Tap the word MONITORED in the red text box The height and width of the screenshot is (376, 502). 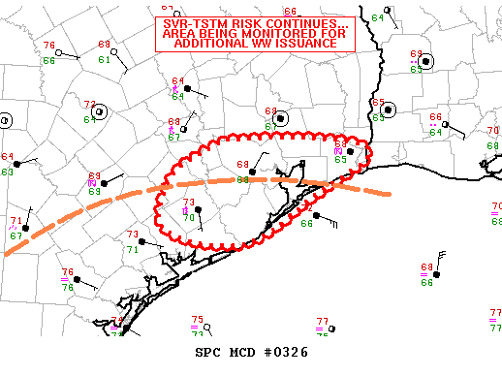272,34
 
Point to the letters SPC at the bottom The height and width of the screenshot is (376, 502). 209,352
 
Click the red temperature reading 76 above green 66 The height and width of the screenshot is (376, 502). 49,47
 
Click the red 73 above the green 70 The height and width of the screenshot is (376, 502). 189,203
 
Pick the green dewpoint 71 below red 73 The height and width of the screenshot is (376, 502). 133,249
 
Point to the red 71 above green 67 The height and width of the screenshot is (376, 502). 16,221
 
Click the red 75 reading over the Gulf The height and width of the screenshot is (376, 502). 197,320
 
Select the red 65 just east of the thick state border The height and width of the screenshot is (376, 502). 379,103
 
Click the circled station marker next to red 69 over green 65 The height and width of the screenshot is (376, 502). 426,61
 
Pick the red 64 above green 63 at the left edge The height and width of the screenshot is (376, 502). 7,157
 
